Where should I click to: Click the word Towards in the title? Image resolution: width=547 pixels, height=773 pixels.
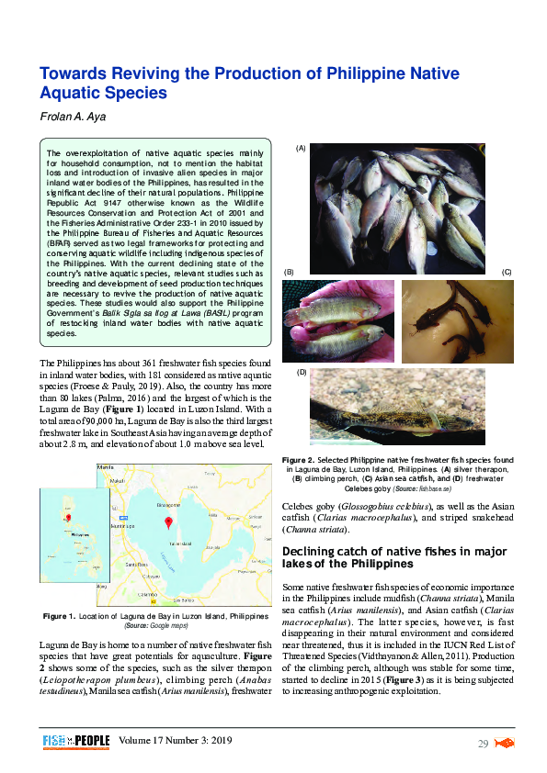(x=76, y=73)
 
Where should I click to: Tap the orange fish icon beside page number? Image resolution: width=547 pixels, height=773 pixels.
(x=505, y=742)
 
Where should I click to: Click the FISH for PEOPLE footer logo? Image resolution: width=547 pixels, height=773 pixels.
(x=76, y=741)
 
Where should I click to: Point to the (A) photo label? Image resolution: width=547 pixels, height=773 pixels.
(x=299, y=148)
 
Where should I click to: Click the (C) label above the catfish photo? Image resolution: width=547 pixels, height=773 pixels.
(x=506, y=273)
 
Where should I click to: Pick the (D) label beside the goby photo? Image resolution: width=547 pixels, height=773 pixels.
(x=299, y=373)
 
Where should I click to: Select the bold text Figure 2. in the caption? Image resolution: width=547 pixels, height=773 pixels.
(x=299, y=459)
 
